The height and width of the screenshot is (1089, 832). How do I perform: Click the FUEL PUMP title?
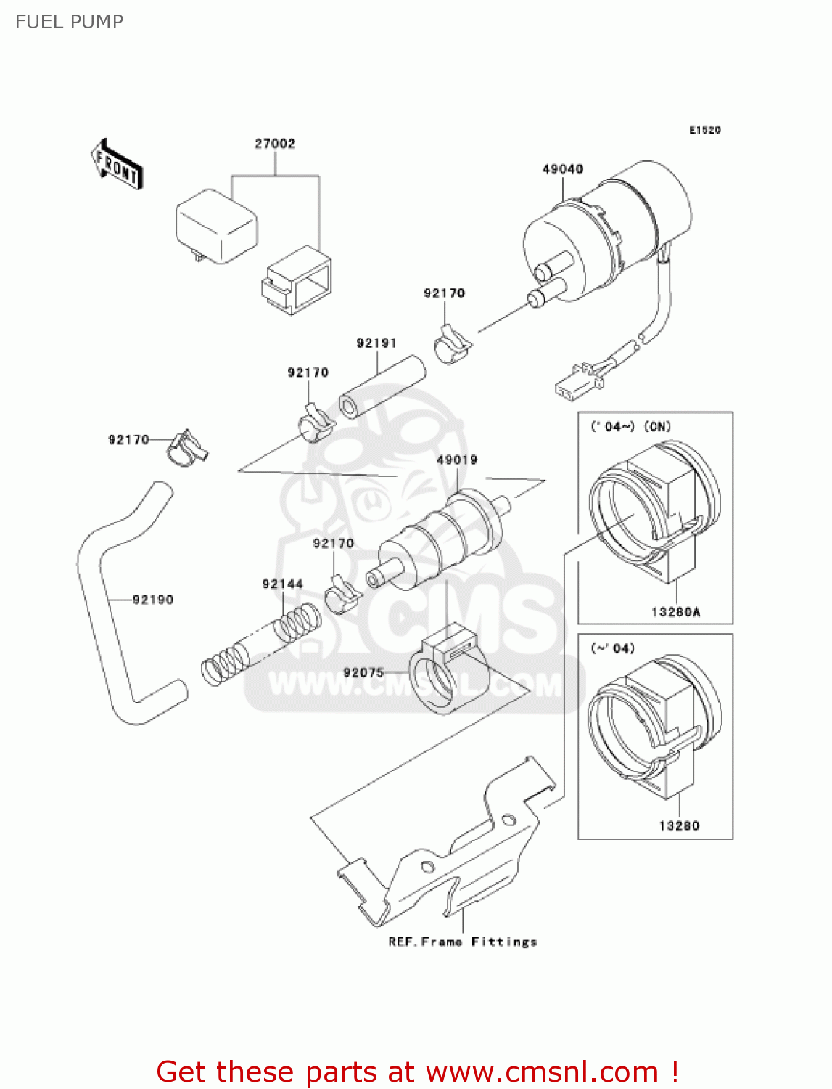coord(69,22)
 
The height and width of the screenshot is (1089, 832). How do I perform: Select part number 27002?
coord(275,144)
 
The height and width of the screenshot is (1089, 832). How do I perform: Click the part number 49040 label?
coord(563,169)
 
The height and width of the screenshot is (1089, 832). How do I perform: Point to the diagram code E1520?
coord(704,130)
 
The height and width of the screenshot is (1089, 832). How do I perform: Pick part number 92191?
coord(376,343)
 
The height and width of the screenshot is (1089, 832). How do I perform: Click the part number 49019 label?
coord(457,460)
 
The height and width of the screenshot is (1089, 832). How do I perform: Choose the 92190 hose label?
coord(153,600)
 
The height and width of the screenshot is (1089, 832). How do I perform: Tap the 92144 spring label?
coord(282,584)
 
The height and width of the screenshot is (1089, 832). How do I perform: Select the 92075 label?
coord(363,672)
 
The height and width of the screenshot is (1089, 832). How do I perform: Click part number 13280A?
coord(675,612)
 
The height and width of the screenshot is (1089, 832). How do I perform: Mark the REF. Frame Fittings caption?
coord(463,942)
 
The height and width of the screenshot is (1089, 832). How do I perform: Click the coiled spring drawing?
coord(261,644)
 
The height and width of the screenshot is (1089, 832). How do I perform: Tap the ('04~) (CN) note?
coord(630,426)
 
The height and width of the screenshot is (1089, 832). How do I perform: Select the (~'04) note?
coord(613,648)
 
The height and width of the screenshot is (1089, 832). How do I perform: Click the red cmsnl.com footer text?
coord(417,1072)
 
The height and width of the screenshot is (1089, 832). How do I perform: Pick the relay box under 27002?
coord(217,225)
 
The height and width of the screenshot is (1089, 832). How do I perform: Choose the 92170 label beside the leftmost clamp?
coord(128,439)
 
